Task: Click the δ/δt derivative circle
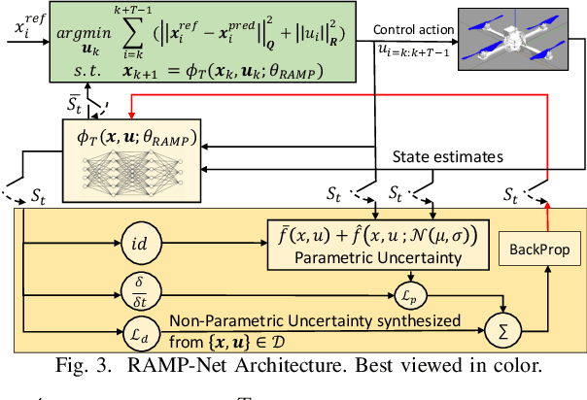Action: [143, 285]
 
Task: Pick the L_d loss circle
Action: [143, 322]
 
